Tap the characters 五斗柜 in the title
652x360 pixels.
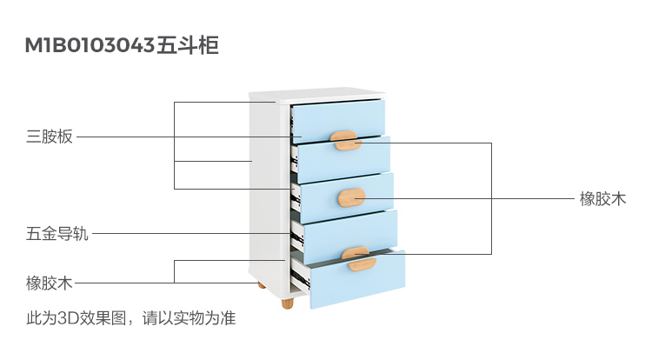coord(187,44)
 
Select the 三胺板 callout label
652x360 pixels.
coord(49,137)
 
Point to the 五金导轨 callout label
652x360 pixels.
coord(57,233)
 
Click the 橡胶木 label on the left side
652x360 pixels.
coord(49,283)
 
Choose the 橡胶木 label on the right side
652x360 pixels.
coord(602,198)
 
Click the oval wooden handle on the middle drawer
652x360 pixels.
coord(352,196)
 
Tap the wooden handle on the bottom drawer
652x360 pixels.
coord(360,263)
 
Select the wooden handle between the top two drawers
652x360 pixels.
coord(344,138)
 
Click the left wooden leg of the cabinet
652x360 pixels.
coord(260,284)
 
